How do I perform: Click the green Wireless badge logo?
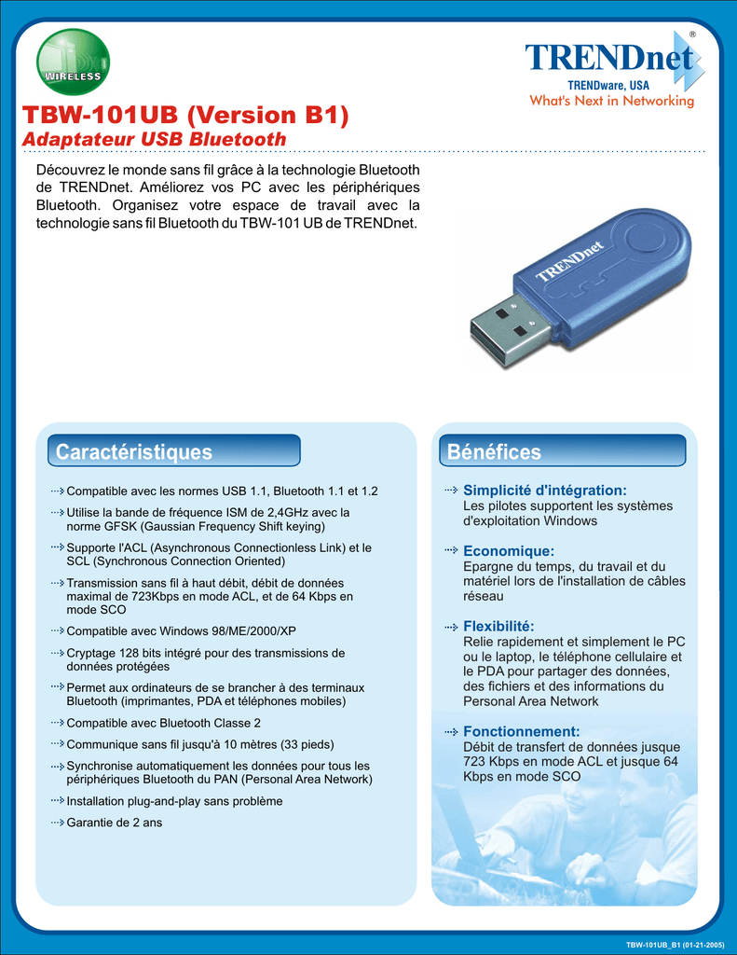click(x=73, y=63)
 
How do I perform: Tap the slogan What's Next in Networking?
click(x=612, y=101)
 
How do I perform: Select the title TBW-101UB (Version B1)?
click(x=184, y=116)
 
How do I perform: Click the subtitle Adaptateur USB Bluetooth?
click(x=154, y=139)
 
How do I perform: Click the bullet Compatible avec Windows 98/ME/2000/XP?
click(x=182, y=631)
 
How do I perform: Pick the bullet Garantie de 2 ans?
click(x=115, y=823)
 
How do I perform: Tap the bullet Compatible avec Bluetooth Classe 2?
click(x=164, y=723)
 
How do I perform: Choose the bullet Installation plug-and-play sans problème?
click(x=175, y=801)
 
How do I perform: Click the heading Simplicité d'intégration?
click(x=545, y=490)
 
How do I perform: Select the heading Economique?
click(x=509, y=551)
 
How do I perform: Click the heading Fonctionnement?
click(x=522, y=732)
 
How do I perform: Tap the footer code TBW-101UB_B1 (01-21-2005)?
click(x=676, y=945)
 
